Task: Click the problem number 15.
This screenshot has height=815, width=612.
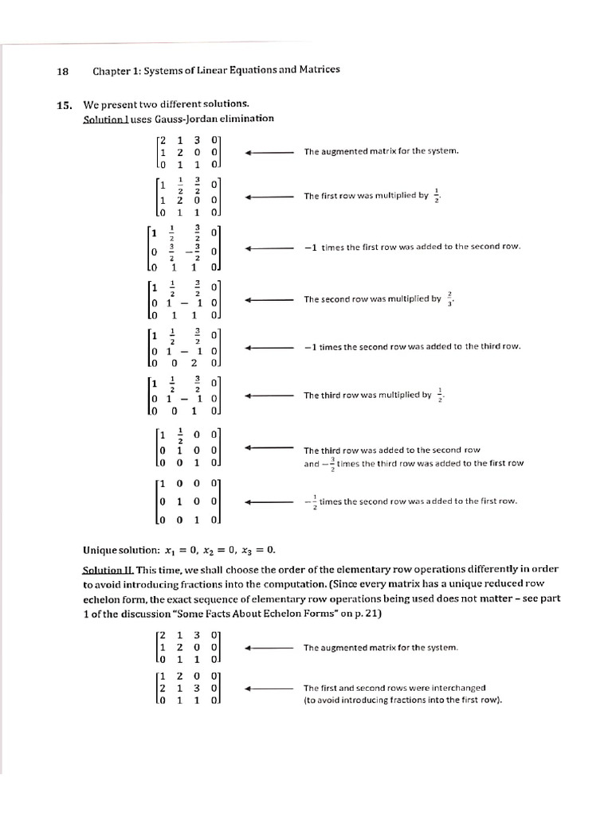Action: [x=65, y=104]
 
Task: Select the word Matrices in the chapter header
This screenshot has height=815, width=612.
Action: [x=314, y=69]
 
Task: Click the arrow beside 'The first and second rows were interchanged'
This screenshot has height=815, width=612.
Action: [x=269, y=688]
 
